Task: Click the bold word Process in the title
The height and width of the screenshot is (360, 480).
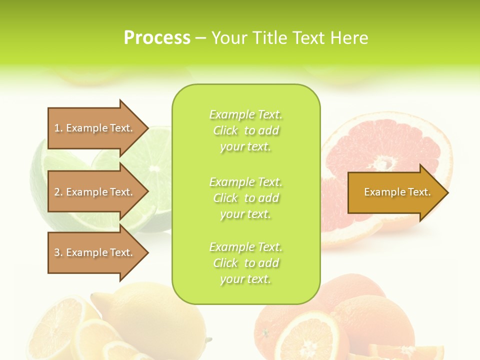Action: [x=157, y=37]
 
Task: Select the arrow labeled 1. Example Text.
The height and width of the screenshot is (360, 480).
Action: [x=95, y=128]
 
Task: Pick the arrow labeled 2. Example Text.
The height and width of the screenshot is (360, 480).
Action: [x=95, y=192]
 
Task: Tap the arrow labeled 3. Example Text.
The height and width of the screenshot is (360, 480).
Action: [x=95, y=252]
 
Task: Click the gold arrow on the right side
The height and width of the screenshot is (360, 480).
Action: [x=395, y=192]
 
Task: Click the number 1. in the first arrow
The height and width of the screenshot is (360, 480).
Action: [x=58, y=128]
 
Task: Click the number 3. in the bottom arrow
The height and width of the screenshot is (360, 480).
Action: [x=58, y=252]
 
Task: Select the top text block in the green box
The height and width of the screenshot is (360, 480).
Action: [x=245, y=130]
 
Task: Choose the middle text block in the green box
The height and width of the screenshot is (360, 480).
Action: [x=245, y=197]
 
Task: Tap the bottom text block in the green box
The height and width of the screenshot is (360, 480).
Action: [x=245, y=263]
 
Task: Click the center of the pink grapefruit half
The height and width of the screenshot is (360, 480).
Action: [x=384, y=162]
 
